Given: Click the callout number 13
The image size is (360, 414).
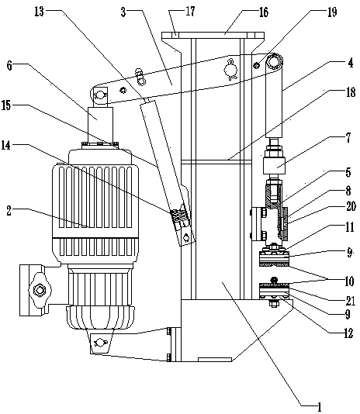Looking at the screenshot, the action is (x=39, y=12).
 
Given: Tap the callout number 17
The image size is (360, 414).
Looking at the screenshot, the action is (x=190, y=12).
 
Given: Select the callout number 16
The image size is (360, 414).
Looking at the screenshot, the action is (x=263, y=12).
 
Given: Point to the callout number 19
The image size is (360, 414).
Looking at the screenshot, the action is (x=332, y=12).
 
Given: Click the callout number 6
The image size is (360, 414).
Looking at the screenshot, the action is (x=9, y=65).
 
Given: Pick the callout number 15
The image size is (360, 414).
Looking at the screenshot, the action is (x=6, y=105).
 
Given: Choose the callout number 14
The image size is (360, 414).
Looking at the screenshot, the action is (x=6, y=145).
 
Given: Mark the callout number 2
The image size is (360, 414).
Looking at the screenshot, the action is (x=9, y=211).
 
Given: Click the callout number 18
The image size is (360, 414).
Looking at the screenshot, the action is (x=351, y=92).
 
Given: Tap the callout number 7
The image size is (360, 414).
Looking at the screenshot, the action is (x=348, y=137).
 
